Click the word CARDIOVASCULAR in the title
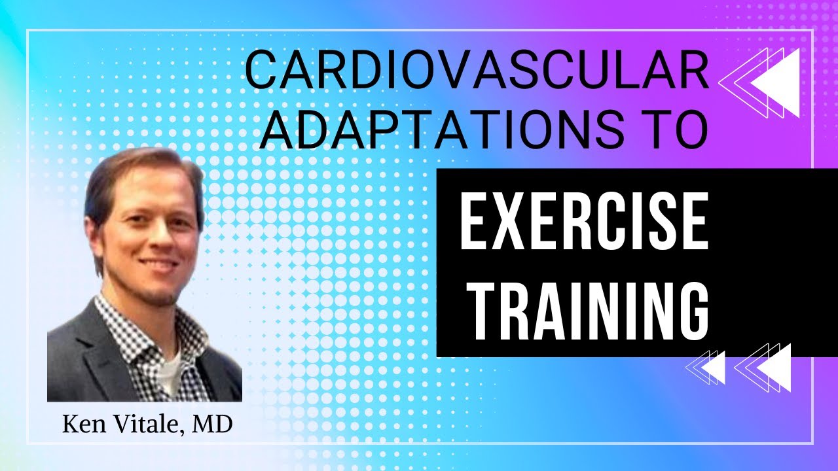[x=477, y=72]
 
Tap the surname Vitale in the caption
[x=145, y=425]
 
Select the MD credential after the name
[x=213, y=425]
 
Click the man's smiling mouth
[x=157, y=265]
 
